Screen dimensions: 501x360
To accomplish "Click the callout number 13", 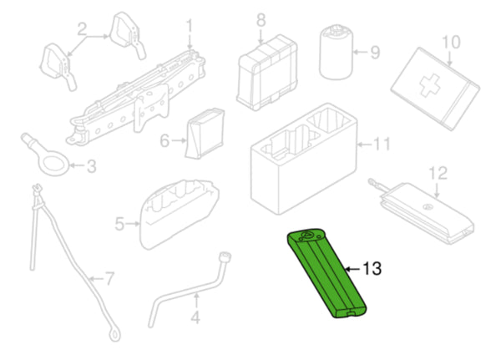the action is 372,269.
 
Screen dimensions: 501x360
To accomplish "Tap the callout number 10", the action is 451,43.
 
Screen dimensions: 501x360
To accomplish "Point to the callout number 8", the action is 261,20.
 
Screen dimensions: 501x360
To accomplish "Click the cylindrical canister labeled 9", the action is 336,53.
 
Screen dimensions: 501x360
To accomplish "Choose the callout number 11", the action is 382,145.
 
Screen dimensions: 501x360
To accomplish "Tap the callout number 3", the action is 91,166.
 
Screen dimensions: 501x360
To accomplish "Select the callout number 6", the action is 164,140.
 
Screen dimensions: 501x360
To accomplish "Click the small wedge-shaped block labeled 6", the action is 205,134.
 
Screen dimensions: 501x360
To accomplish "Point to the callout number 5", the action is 119,224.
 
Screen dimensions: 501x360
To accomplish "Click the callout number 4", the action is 195,317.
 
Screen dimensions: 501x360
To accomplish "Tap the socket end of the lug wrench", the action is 225,257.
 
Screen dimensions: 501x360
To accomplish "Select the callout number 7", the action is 109,279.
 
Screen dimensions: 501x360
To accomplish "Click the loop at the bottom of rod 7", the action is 114,335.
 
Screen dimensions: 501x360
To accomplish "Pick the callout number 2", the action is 82,29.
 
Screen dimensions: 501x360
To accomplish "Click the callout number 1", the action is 190,26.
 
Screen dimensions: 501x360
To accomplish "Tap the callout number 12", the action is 438,173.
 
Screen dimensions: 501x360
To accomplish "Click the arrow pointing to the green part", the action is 352,269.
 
